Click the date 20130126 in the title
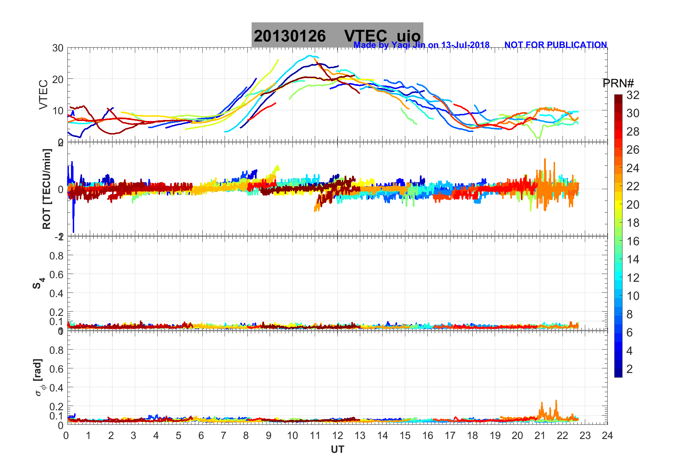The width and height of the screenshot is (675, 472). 290,36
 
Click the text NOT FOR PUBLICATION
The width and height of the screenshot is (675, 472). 555,45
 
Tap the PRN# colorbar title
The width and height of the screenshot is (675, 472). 618,83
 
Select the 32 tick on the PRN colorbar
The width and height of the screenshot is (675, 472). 633,95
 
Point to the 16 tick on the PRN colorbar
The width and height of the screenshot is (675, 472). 633,241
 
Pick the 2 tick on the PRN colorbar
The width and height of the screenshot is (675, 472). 630,369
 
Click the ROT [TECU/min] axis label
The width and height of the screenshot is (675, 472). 46,189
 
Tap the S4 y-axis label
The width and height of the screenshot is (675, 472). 39,283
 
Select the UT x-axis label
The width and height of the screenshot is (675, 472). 337,450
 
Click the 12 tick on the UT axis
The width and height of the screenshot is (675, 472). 337,435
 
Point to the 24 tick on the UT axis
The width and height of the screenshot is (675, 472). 607,435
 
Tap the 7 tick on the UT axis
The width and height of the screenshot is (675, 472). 224,435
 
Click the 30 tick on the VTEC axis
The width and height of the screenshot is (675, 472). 58,48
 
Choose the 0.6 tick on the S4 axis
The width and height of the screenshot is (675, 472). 56,274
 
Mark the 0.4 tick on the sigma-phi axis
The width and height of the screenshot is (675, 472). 56,388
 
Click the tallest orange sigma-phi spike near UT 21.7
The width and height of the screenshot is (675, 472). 556,401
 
